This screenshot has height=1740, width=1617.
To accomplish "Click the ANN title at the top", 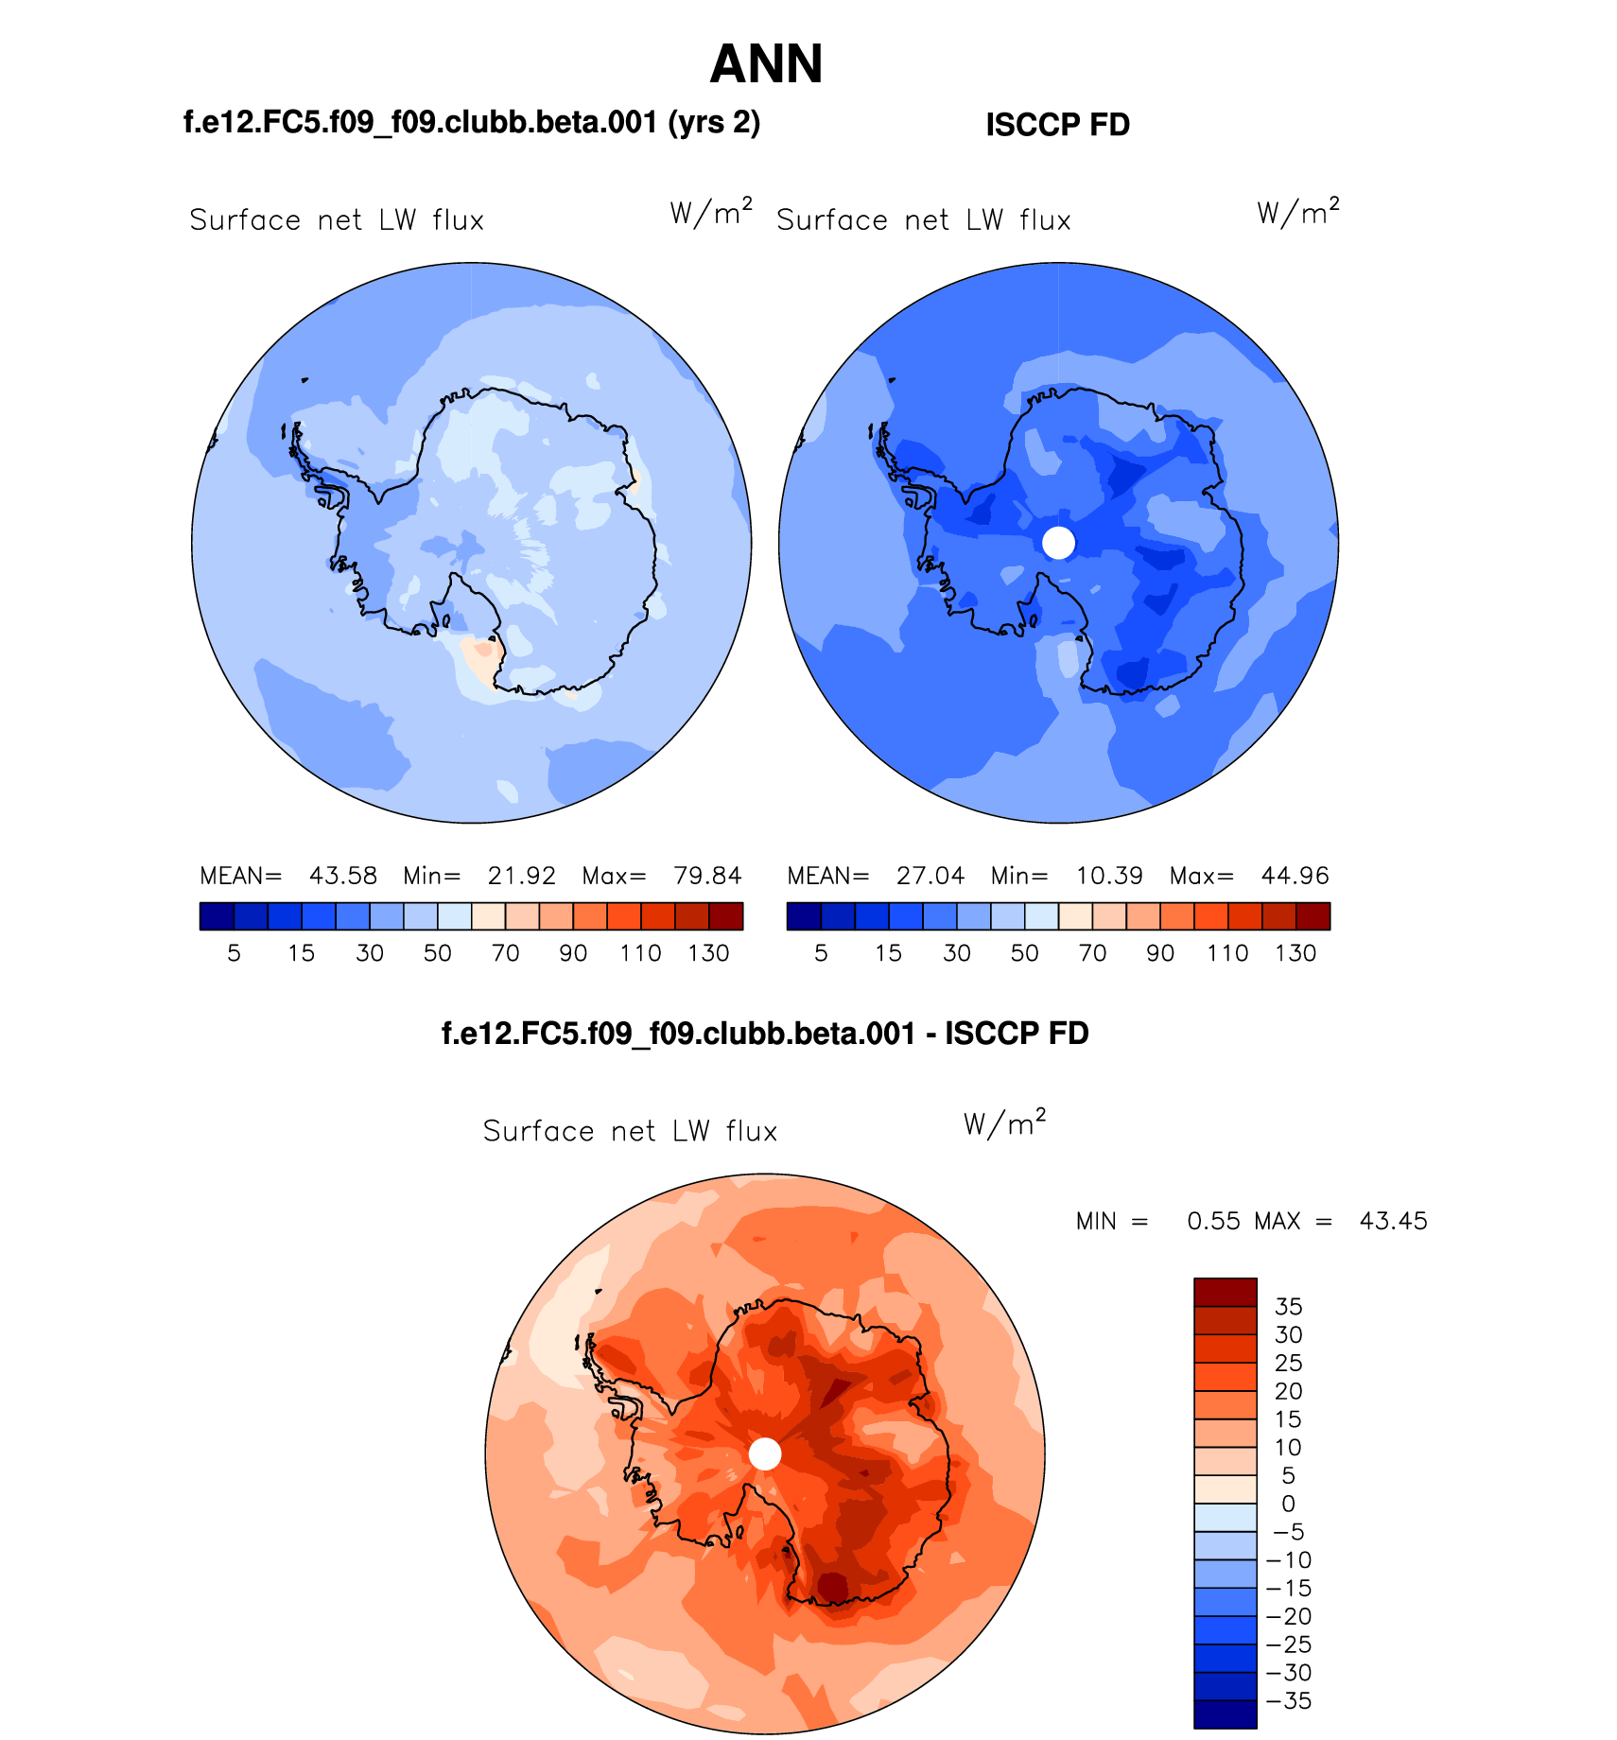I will tap(766, 64).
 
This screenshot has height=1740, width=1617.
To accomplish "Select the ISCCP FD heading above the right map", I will tap(1057, 125).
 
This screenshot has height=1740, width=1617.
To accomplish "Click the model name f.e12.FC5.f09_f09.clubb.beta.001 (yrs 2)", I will tap(471, 123).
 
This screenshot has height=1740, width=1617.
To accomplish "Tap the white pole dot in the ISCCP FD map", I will tap(1058, 543).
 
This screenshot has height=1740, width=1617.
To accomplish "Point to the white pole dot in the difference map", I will tap(765, 1454).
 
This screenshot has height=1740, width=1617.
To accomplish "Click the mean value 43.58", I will tap(342, 876).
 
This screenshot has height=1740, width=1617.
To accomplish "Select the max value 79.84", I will tap(707, 876).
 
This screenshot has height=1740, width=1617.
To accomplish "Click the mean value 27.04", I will tap(930, 876).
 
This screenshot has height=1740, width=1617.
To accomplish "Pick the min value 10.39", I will tap(1109, 876).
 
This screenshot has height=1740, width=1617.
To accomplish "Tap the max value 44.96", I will tap(1295, 876).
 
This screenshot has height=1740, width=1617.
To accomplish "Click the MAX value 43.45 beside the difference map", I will tap(1393, 1221).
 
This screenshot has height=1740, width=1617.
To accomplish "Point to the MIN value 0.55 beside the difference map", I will tap(1213, 1221).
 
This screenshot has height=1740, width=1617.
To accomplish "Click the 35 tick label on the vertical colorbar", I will tap(1288, 1307).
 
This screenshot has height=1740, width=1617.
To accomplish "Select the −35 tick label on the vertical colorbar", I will tap(1288, 1701).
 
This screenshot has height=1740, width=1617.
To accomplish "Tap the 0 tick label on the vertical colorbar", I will tap(1288, 1504).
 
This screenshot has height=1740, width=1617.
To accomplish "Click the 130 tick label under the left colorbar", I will tap(708, 953).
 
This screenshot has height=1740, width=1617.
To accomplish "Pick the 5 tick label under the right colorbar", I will tap(821, 953).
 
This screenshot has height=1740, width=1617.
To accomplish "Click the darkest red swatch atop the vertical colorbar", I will tap(1225, 1292).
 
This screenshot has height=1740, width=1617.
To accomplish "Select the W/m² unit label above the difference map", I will tap(1004, 1123).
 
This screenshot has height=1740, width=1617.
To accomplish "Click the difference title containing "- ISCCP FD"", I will tap(765, 1034).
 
